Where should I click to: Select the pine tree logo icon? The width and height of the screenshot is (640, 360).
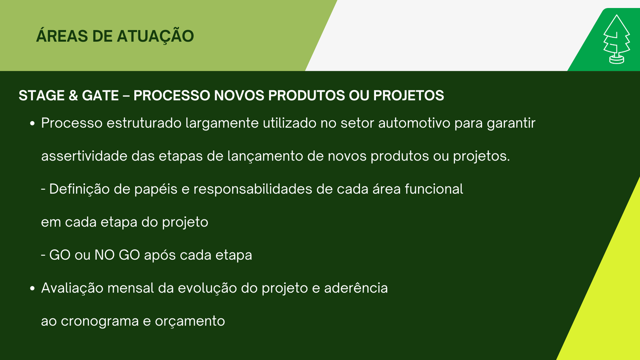coord(616,39)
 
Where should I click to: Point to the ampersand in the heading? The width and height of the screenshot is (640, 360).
coord(73,96)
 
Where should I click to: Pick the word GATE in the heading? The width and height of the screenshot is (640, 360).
coord(100,96)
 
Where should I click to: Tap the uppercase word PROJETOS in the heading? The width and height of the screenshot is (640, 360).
coord(408,96)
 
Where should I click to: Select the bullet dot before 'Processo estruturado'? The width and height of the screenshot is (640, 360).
coord(32,124)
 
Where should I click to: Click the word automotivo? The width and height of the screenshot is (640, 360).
coord(414,123)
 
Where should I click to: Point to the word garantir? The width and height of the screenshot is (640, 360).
coord(511,124)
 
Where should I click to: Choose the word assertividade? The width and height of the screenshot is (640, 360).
coord(84,156)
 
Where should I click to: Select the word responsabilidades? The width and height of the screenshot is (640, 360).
coord(253,190)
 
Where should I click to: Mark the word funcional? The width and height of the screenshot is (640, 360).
coord(434,189)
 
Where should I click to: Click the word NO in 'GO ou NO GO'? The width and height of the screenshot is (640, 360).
coord(104,255)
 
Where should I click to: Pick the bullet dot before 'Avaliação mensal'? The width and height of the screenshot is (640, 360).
coord(32,288)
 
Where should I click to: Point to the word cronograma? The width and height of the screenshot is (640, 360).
coord(100,322)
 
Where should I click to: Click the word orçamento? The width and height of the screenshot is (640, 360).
coord(190,322)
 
